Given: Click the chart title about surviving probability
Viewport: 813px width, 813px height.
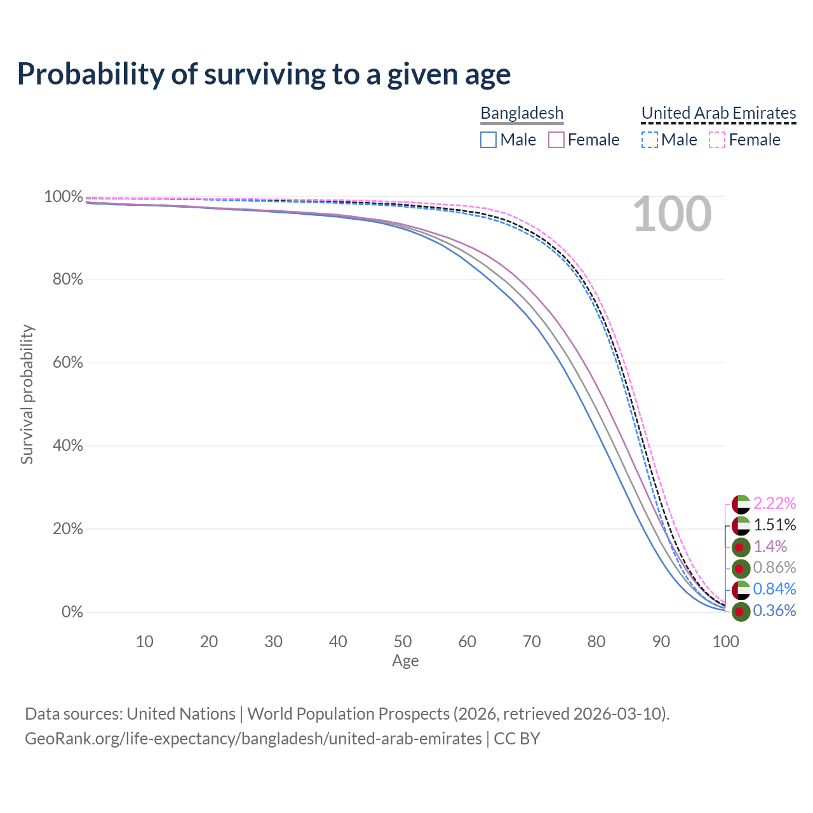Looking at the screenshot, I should (x=264, y=74).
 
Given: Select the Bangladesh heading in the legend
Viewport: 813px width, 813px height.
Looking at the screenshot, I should (x=521, y=113).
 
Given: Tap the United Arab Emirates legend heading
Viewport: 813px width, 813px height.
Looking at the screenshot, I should (x=718, y=113).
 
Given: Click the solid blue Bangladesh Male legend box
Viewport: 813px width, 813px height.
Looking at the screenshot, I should (x=488, y=140).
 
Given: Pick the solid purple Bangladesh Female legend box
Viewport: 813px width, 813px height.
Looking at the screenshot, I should (x=556, y=140).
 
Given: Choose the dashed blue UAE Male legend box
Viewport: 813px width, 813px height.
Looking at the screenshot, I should (x=650, y=140).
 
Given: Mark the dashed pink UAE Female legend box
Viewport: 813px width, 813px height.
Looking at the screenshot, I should (x=717, y=140).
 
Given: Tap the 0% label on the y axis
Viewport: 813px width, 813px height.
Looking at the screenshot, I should (x=72, y=612).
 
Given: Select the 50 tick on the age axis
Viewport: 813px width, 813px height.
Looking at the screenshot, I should (x=403, y=642).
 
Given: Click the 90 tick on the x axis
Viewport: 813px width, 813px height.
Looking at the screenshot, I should (x=661, y=642).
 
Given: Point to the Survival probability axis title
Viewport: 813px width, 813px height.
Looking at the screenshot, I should (x=27, y=394).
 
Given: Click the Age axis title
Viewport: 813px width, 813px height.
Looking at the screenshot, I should (x=405, y=661).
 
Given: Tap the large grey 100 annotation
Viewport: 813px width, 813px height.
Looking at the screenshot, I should (x=672, y=214).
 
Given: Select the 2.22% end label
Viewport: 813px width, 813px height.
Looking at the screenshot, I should (x=774, y=503).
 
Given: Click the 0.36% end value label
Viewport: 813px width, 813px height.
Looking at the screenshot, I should (x=774, y=610).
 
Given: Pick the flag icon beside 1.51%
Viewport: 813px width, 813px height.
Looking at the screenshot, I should (x=741, y=525).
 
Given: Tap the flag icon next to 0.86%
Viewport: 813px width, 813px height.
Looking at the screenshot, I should (x=741, y=568).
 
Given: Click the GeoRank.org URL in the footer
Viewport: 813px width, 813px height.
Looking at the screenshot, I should (x=253, y=739).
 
